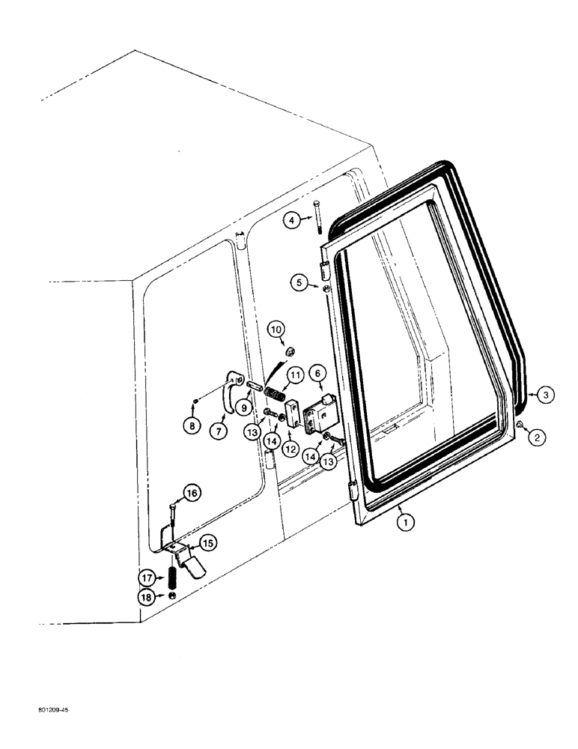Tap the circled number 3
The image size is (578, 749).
click(549, 393)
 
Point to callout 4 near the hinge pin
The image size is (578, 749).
click(293, 219)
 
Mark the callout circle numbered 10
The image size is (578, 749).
click(276, 329)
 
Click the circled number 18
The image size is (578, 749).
click(147, 597)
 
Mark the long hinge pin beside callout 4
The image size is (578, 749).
click(317, 217)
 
